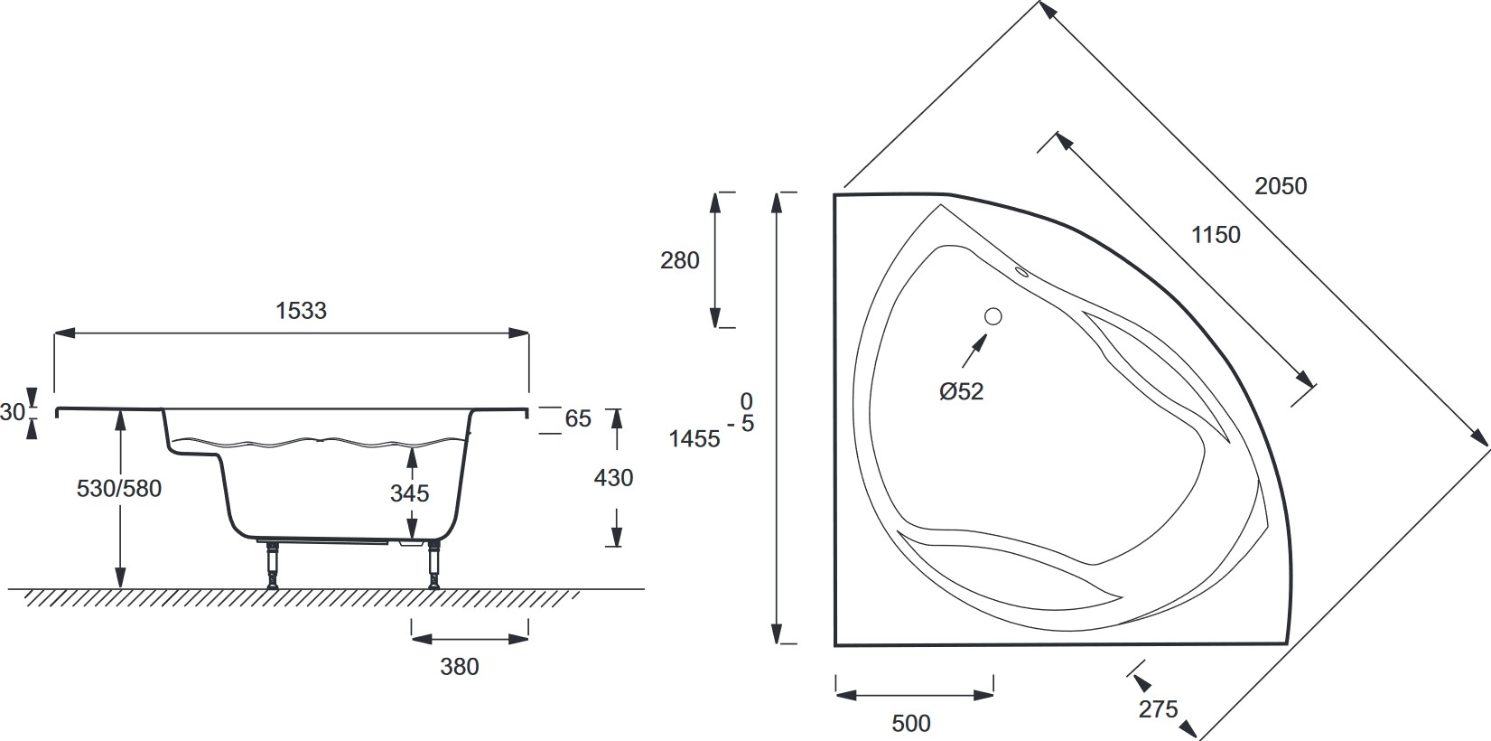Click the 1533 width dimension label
pyautogui.click(x=301, y=311)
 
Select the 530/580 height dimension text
pyautogui.click(x=119, y=489)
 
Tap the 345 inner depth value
pyautogui.click(x=410, y=493)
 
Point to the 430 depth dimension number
pyautogui.click(x=613, y=477)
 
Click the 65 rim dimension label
pyautogui.click(x=578, y=418)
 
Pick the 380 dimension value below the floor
pyautogui.click(x=460, y=667)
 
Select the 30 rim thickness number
pyautogui.click(x=12, y=412)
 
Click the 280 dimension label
pyautogui.click(x=680, y=260)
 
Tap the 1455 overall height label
pyautogui.click(x=694, y=439)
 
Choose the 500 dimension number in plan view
pyautogui.click(x=911, y=723)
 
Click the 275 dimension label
pyautogui.click(x=1158, y=709)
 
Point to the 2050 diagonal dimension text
pyautogui.click(x=1281, y=186)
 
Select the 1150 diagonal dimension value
pyautogui.click(x=1216, y=235)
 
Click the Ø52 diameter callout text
pyautogui.click(x=961, y=391)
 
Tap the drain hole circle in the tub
pyautogui.click(x=993, y=316)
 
